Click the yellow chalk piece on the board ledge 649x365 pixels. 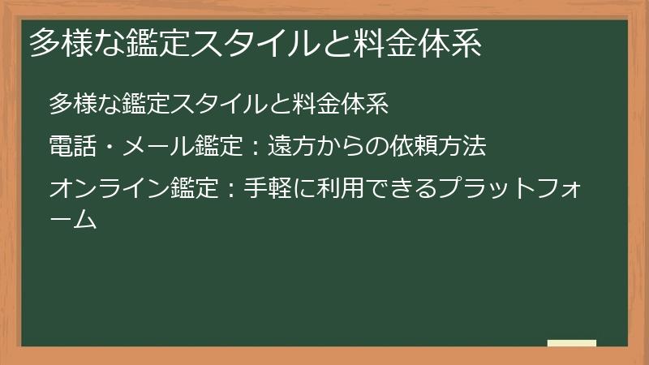point(572,343)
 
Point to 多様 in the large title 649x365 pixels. point(61,45)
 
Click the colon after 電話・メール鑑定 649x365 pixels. point(254,148)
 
